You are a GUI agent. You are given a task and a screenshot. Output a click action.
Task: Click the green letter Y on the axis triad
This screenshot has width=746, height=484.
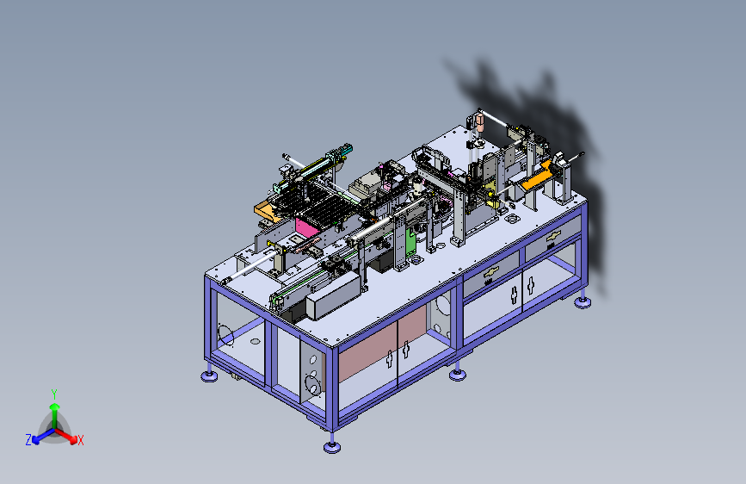54,394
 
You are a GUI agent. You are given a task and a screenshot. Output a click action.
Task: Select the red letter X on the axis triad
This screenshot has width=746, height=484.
80,441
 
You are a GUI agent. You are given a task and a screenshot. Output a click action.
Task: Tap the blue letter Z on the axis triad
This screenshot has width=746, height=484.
28,440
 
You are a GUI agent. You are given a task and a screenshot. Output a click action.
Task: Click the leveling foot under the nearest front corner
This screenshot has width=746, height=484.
332,446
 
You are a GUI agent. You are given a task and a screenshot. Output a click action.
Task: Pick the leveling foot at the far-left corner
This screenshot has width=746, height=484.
209,376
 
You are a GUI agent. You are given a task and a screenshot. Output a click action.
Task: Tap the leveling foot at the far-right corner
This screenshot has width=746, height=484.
583,302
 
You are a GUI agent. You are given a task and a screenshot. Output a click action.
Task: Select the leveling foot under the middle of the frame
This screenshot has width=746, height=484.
458,375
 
